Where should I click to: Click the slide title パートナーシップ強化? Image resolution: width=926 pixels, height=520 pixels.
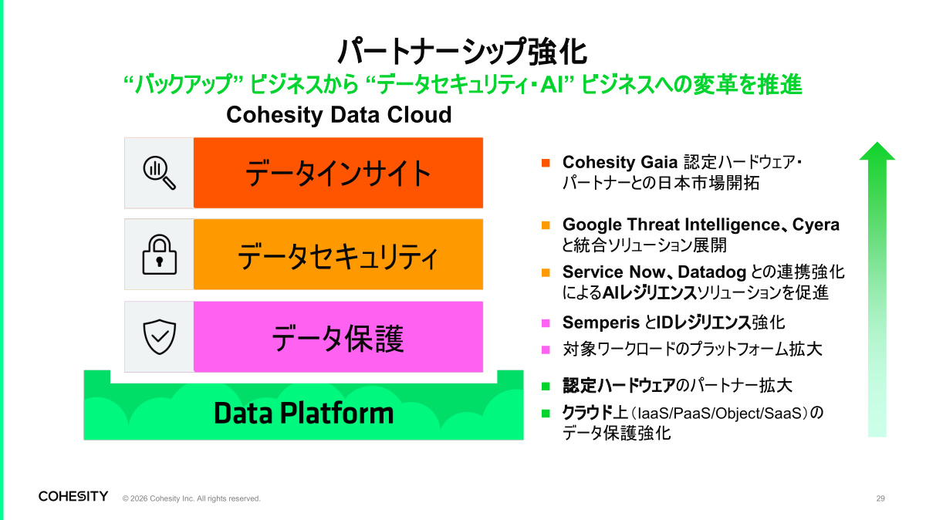pos(462,52)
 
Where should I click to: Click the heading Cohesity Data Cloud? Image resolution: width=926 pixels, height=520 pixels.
pos(339,114)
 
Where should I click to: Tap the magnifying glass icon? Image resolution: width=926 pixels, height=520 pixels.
pos(159,173)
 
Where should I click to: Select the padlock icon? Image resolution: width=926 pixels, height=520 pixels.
pos(160,254)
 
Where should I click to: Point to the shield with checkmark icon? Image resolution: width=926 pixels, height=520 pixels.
pos(160,336)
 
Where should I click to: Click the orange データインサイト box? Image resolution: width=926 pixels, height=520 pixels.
pos(338,173)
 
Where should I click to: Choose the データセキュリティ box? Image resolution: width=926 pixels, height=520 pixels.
pos(338,254)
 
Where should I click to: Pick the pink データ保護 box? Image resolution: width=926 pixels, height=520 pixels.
pos(338,336)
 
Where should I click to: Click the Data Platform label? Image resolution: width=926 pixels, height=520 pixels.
pos(304,413)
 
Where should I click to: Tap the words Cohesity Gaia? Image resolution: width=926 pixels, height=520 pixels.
pos(620,163)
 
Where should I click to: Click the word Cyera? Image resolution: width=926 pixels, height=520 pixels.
pos(816,225)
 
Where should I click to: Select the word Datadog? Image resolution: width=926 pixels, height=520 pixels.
pos(711,272)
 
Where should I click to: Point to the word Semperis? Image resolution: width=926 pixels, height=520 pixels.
pos(601,322)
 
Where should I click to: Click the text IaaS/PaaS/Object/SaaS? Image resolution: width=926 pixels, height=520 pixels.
pos(720,413)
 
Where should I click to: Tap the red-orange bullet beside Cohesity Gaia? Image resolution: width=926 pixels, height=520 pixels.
pos(546,163)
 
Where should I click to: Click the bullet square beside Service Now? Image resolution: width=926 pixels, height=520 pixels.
pos(546,273)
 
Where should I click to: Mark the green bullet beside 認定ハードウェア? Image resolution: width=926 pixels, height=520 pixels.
pos(546,387)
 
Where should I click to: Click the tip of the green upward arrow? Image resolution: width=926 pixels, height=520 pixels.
pos(877,142)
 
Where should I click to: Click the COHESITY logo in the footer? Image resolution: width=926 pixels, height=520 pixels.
pos(73,496)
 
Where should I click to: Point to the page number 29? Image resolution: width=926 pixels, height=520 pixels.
pos(880,498)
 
